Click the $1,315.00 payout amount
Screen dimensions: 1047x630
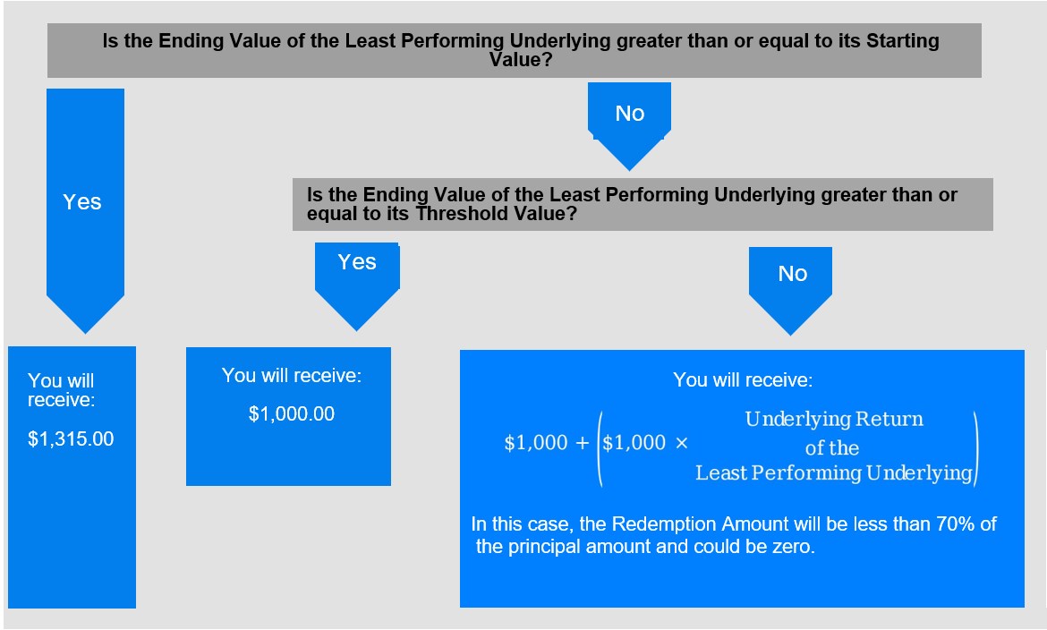71,438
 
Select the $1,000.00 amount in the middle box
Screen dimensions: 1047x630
291,414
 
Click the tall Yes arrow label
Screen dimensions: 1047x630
82,201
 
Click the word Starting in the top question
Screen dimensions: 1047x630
903,41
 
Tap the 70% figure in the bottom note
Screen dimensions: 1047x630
956,524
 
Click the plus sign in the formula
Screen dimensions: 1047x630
582,443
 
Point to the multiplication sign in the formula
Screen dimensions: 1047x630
681,443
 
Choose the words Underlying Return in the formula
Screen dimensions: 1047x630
834,419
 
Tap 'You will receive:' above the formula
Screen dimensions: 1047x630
743,380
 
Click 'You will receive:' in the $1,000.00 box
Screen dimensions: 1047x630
291,376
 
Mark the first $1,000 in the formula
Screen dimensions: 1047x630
535,443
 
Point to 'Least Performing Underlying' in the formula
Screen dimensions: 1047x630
833,473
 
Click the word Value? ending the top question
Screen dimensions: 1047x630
521,59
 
